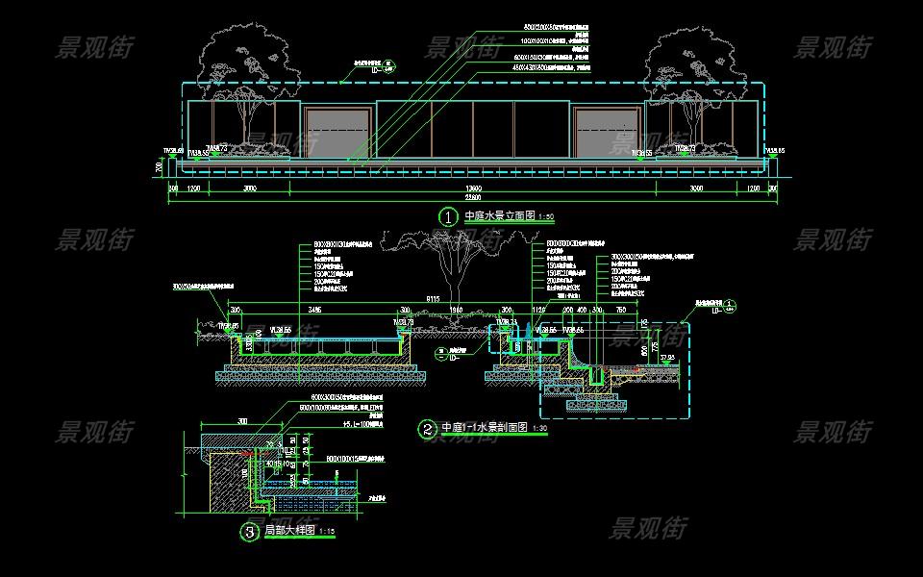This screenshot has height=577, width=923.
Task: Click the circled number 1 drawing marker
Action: tap(447, 216)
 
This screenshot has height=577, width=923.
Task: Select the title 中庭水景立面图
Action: tap(498, 216)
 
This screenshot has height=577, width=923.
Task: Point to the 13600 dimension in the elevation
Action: tap(473, 188)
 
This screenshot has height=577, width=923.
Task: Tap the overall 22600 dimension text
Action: tap(473, 197)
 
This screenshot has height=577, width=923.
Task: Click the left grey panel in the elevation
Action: tap(337, 132)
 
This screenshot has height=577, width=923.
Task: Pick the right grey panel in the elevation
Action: tap(607, 132)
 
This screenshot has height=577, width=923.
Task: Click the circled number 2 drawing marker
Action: tap(426, 429)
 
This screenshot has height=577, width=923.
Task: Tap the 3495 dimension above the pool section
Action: tap(314, 311)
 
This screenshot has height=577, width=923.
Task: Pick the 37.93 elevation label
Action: tap(668, 357)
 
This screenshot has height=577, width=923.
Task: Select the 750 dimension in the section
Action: tap(620, 311)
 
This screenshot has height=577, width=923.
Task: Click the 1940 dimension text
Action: tap(457, 311)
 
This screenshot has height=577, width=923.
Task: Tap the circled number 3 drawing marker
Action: tap(249, 531)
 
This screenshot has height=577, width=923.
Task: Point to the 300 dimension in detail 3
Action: tap(241, 421)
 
